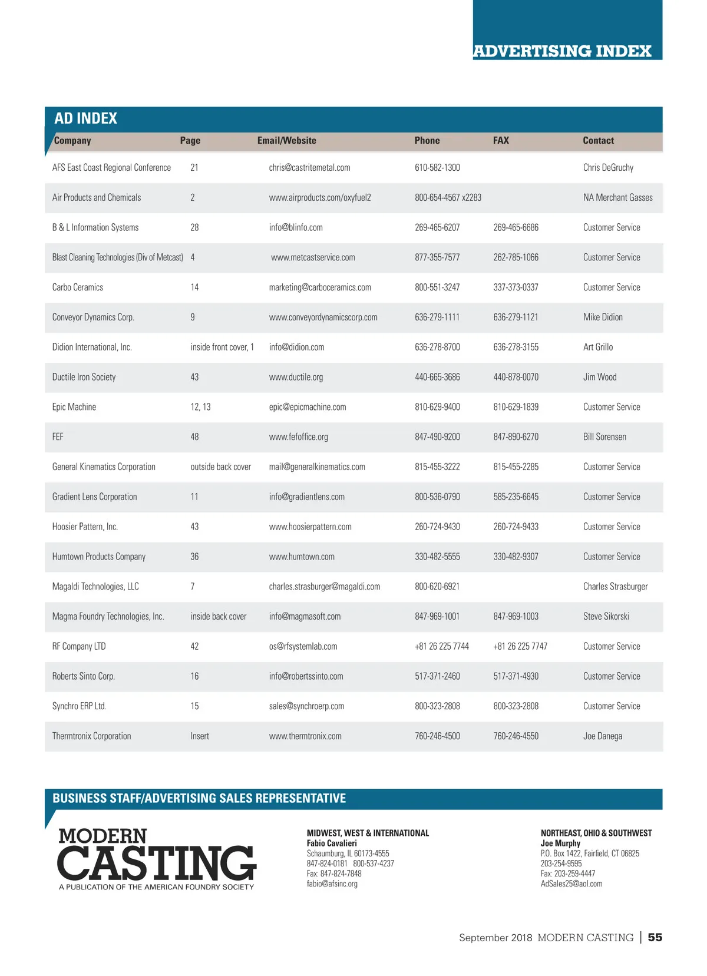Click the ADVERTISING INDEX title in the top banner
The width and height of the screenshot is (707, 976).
(x=562, y=51)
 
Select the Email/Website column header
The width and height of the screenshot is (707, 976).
(x=286, y=141)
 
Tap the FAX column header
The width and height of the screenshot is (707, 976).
(x=501, y=141)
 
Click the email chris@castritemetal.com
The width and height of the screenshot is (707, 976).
(x=309, y=168)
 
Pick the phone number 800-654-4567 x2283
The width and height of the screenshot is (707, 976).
(x=448, y=198)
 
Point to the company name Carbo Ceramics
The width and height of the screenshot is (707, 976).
(x=78, y=287)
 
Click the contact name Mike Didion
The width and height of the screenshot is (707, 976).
(x=603, y=317)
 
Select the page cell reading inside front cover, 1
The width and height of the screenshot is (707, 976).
(x=222, y=348)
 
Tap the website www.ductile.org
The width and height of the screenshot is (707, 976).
(x=296, y=378)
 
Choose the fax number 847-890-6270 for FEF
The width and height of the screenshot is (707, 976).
(x=516, y=437)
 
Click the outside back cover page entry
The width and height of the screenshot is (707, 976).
(x=220, y=467)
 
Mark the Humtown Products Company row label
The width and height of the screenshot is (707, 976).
(x=99, y=557)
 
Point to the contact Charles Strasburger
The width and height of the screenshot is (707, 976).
(x=615, y=587)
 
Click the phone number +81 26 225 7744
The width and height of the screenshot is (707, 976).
(x=442, y=647)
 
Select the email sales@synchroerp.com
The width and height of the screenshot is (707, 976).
(x=306, y=706)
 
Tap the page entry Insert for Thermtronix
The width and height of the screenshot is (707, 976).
(x=200, y=736)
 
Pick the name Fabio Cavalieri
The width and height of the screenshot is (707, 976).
(x=332, y=843)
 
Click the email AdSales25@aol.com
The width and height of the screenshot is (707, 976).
(x=571, y=884)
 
